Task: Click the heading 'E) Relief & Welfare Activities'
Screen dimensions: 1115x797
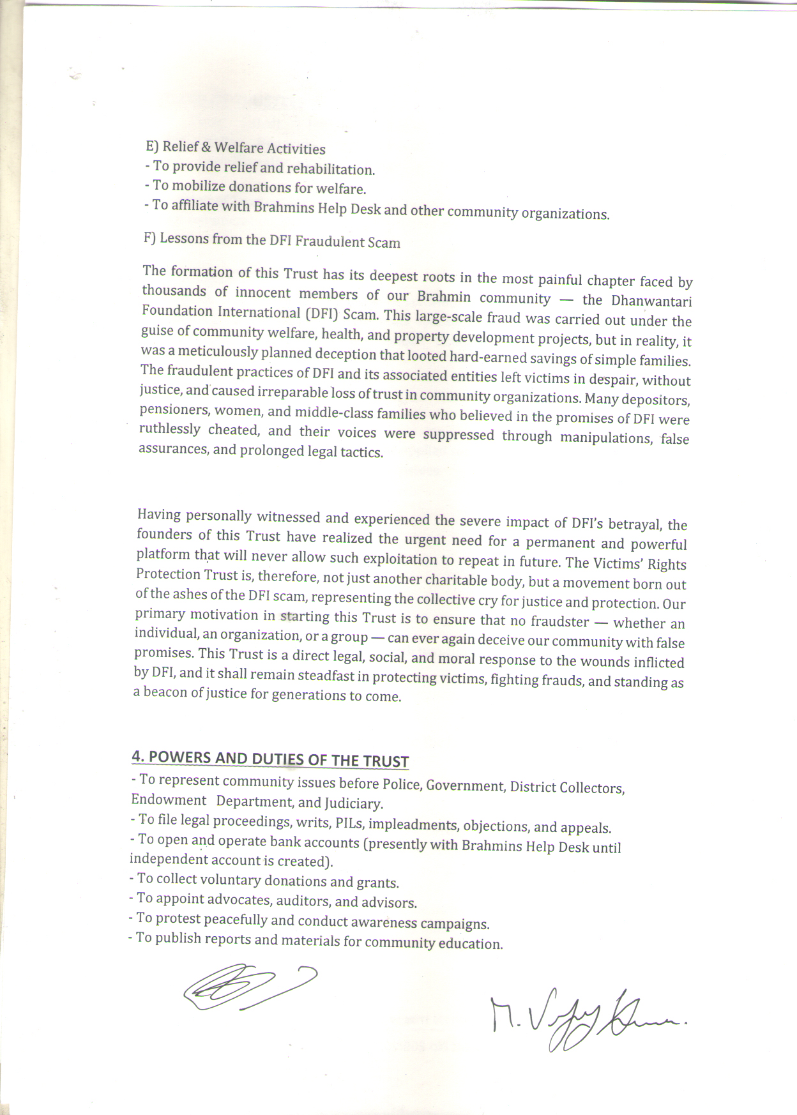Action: [x=236, y=148]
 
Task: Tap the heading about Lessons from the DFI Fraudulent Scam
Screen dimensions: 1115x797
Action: [x=272, y=240]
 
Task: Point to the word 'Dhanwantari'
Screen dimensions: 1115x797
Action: [x=651, y=301]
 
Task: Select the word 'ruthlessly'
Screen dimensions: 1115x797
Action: [x=170, y=429]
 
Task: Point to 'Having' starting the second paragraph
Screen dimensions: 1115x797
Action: [x=158, y=515]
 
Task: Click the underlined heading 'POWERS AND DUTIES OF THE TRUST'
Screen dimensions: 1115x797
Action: [x=278, y=759]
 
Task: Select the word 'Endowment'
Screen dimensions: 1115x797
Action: [x=169, y=800]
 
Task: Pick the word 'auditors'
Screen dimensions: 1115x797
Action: [x=303, y=901]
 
